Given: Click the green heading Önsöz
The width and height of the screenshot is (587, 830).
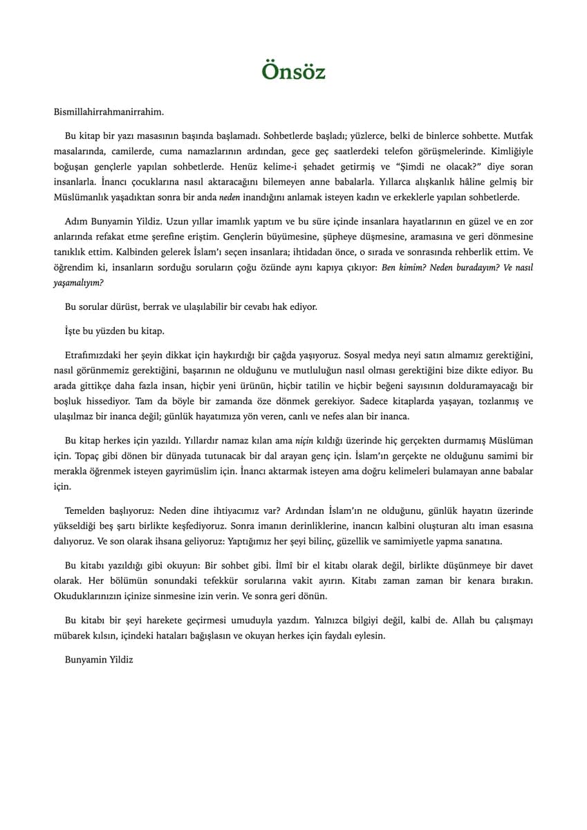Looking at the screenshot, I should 293,71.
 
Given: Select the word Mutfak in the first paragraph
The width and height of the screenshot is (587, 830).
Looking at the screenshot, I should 518,136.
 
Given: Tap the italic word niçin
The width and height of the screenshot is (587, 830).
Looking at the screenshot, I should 305,440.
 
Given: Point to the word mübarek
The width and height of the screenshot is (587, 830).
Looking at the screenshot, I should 74,636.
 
